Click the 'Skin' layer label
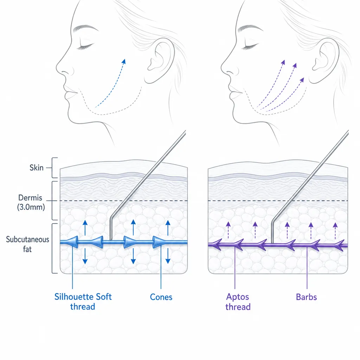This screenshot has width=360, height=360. (37, 168)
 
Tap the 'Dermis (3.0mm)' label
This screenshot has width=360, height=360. (31, 202)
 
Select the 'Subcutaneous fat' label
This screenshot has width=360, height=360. (27, 244)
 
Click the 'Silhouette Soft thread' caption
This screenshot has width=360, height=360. (83, 301)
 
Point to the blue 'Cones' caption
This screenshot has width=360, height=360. (161, 297)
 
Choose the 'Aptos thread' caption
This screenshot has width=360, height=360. (238, 302)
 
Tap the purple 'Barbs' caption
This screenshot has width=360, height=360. (306, 297)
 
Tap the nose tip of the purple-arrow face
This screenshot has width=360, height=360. (221, 68)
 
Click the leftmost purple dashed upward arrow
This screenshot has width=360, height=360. (228, 230)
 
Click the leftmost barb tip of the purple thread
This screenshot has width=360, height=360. (210, 245)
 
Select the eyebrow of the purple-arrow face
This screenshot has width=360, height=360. (250, 28)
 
